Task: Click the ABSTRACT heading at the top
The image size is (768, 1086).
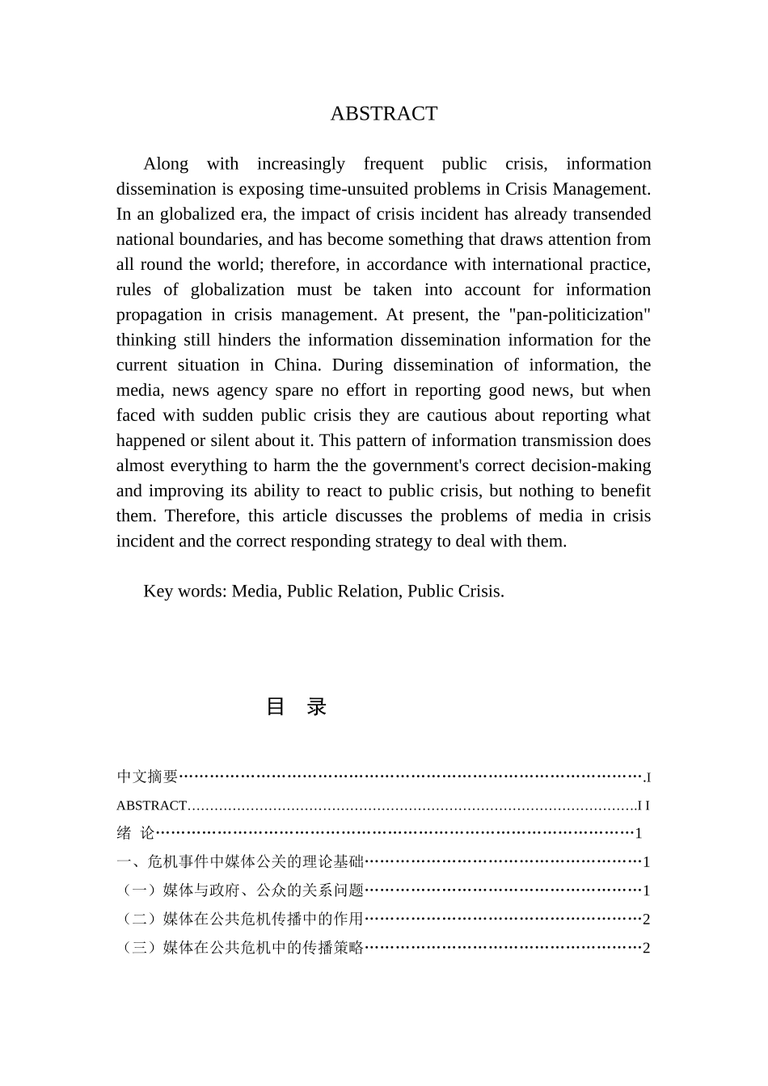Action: pyautogui.click(x=383, y=114)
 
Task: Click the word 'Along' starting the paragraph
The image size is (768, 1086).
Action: pyautogui.click(x=166, y=164)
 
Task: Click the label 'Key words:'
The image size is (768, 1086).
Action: pyautogui.click(x=185, y=591)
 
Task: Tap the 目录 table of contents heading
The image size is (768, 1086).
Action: pyautogui.click(x=296, y=707)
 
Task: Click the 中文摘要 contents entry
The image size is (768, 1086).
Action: pyautogui.click(x=147, y=777)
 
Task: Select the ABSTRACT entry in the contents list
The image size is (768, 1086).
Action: pyautogui.click(x=152, y=806)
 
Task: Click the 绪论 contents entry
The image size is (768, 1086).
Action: pyautogui.click(x=135, y=833)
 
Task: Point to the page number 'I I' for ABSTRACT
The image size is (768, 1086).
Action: pyautogui.click(x=644, y=806)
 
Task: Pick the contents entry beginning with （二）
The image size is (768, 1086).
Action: pyautogui.click(x=243, y=919)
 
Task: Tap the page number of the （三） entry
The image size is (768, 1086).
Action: pyautogui.click(x=646, y=948)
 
